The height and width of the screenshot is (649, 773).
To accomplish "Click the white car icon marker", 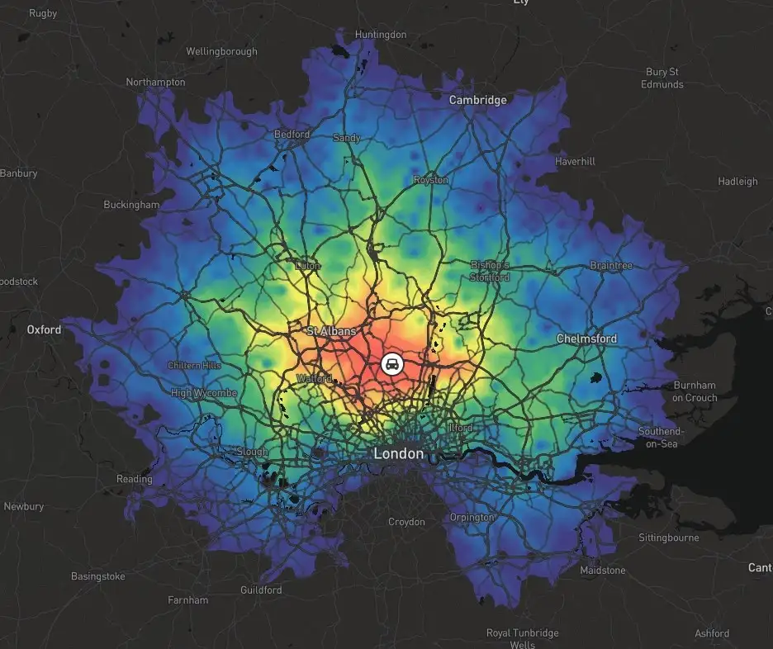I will (x=392, y=363).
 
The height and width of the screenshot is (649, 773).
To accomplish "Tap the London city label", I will (x=399, y=453).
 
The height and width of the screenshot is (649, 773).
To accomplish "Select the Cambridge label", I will (x=477, y=100).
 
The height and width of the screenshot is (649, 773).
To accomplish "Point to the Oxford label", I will (x=44, y=329).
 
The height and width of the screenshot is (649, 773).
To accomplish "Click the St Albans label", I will (x=331, y=331).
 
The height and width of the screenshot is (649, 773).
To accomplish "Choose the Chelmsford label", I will (x=586, y=339).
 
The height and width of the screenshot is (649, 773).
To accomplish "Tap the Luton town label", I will (x=308, y=266).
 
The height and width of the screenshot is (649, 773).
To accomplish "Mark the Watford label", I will (x=314, y=379).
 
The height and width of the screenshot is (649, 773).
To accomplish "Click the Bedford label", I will (x=292, y=134).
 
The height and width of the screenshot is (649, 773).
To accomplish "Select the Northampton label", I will (x=155, y=82).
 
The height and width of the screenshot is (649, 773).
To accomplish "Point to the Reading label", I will (x=135, y=479).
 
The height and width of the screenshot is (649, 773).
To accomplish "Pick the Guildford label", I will (x=261, y=590).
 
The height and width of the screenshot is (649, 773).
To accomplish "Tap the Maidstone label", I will (x=603, y=571).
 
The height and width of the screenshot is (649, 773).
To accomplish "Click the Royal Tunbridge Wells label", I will (x=522, y=638).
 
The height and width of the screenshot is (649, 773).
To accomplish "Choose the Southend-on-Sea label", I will (x=661, y=438).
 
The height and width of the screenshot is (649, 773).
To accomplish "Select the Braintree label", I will (x=611, y=266).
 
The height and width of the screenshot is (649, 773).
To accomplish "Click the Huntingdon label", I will (x=381, y=35).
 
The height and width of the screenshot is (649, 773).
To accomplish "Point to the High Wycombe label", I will (x=204, y=393).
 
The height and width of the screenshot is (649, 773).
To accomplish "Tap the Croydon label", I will (x=407, y=522).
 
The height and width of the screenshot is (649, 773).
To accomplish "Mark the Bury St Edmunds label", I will (x=663, y=78).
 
